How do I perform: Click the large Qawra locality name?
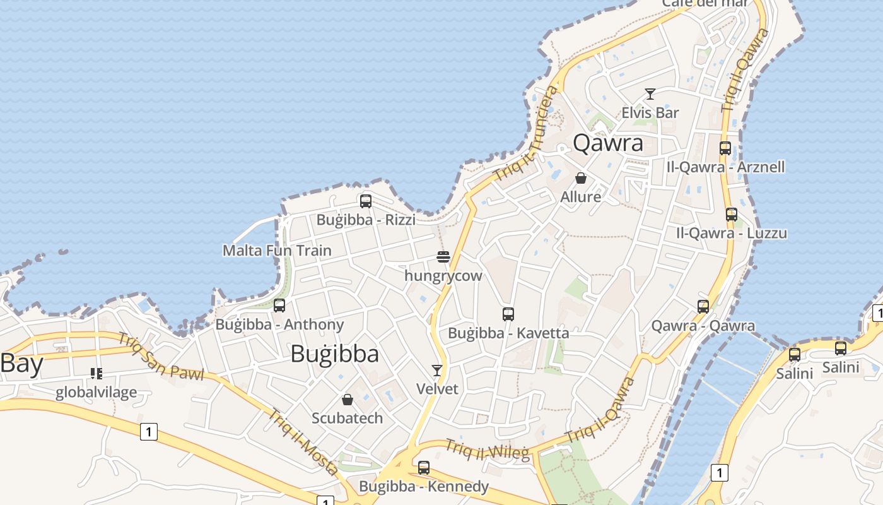pos(608,143)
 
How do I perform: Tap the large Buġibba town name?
pos(335,354)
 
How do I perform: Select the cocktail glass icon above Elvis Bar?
pos(650,95)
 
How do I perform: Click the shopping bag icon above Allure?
pos(581,178)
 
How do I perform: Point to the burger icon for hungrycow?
pos(443,257)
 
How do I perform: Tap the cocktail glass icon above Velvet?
pos(437,370)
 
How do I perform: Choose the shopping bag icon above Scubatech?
pos(347,399)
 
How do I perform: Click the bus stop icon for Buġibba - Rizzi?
pos(366,201)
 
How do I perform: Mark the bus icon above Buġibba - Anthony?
pos(279,306)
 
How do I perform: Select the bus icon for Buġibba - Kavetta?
pos(508,314)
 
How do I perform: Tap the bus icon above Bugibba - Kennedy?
pos(424,468)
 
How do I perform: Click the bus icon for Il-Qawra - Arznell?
pos(725,148)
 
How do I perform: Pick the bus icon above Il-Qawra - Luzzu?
pos(732,215)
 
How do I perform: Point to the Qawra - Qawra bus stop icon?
pos(703,307)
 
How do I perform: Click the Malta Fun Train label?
pos(277,251)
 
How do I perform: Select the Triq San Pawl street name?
pos(160,357)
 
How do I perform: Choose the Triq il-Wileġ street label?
pos(488,449)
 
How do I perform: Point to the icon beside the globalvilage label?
pos(96,374)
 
